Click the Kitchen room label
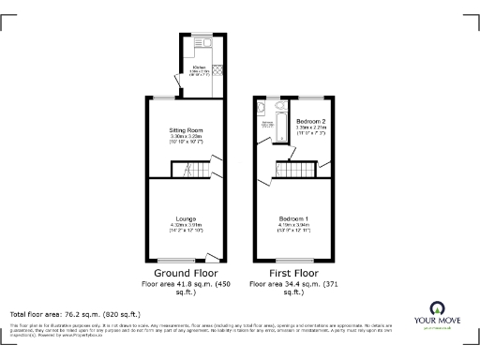199,67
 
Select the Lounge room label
185,218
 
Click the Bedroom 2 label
310,122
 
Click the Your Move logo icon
436,307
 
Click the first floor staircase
297,171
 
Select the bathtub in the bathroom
278,122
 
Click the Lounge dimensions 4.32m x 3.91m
185,227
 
